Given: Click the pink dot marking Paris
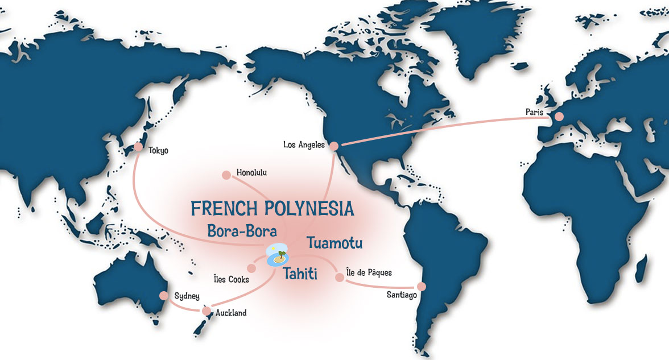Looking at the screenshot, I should tap(559, 116).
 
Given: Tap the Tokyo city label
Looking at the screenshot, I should tap(158, 151).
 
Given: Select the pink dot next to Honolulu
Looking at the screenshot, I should tap(226, 175).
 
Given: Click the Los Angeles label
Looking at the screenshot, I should tap(304, 145).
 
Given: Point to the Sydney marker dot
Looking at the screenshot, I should tap(163, 296).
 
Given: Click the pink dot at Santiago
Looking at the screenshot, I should tap(422, 286).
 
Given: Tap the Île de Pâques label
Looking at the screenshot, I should tap(369, 273).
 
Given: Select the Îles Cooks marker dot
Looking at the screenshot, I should tap(251, 267).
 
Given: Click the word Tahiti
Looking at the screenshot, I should tap(300, 275).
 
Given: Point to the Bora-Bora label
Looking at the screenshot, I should tap(242, 231).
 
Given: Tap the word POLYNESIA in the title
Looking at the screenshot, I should tap(309, 209).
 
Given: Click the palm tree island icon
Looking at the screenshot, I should tap(278, 256).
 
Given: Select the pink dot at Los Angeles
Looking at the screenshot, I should tap(334, 146).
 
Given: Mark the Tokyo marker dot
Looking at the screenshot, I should tap(138, 147).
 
